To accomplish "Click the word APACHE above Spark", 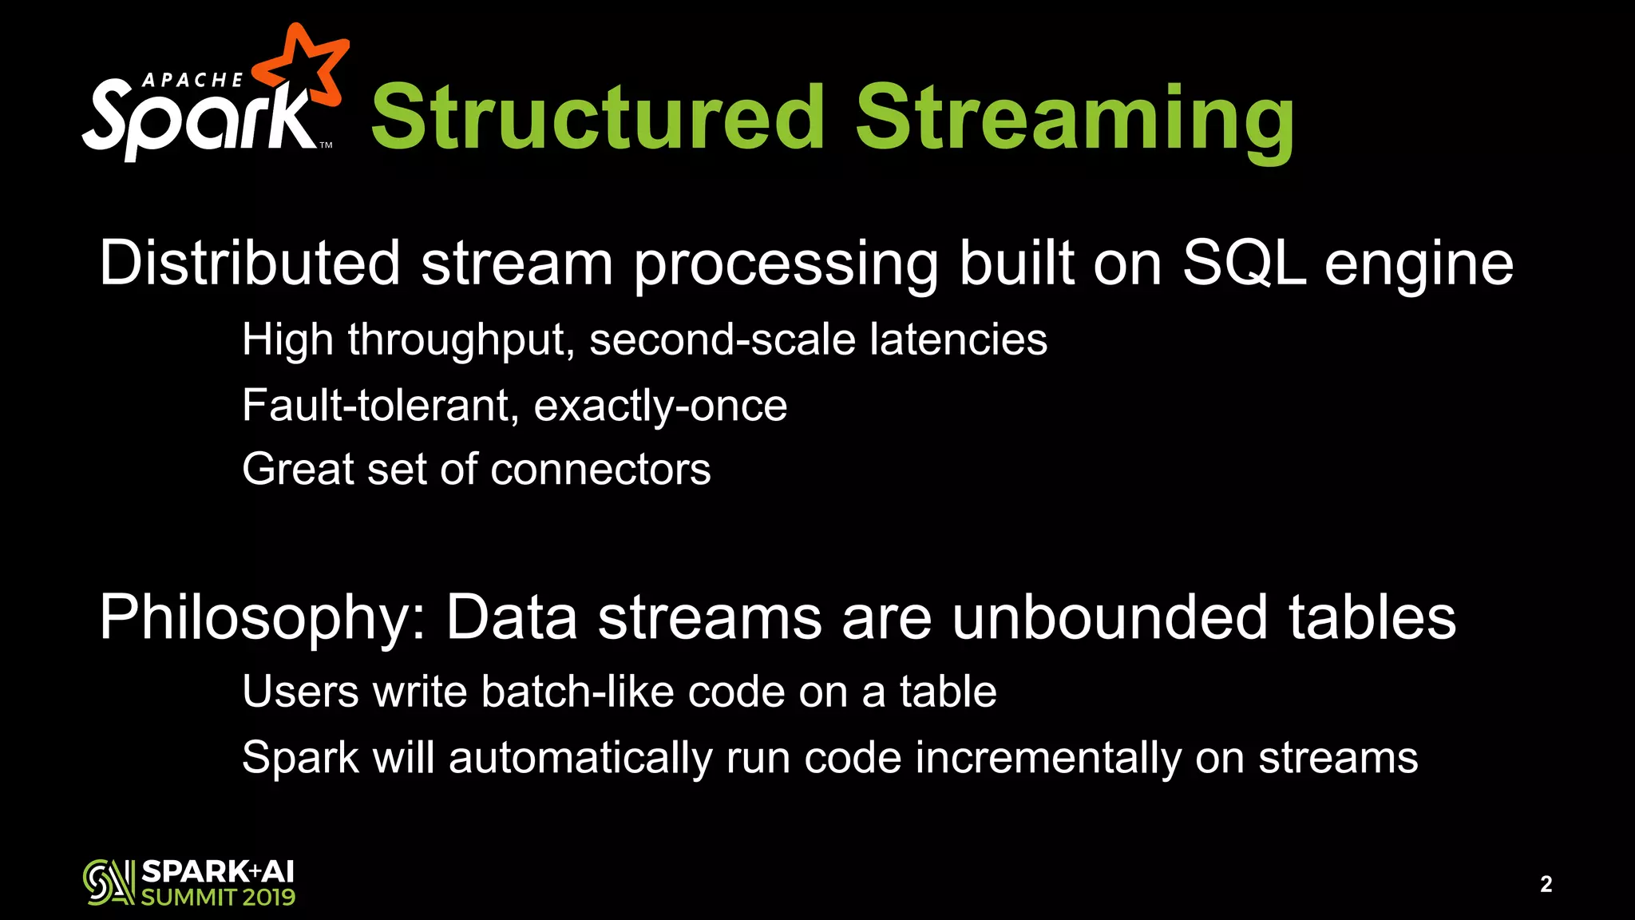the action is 192,80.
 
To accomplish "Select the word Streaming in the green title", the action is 1075,120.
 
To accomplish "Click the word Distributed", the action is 250,263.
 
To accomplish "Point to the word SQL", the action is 1244,263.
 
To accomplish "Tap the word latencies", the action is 958,339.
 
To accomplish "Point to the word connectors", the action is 600,469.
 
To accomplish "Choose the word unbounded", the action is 1110,617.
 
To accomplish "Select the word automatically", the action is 580,759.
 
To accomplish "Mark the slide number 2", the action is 1546,884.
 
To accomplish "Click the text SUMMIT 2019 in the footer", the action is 218,897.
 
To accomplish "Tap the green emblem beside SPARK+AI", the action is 108,882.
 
